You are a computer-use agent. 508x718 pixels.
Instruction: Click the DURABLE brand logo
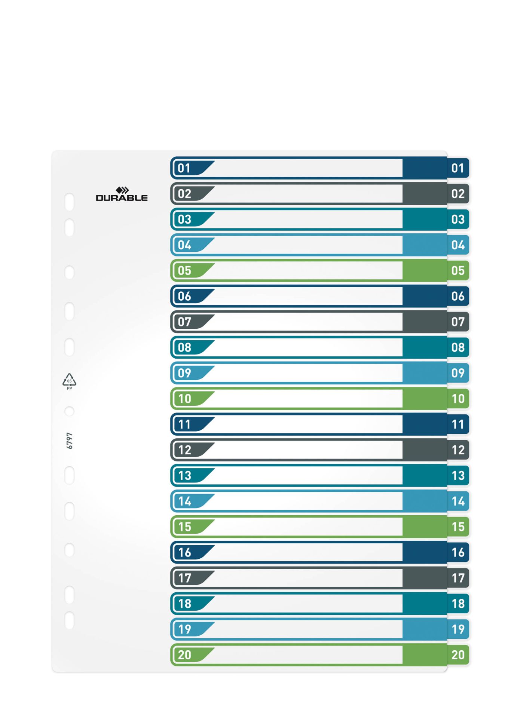(x=122, y=194)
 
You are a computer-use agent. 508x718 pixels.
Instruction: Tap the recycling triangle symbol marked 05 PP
(x=69, y=381)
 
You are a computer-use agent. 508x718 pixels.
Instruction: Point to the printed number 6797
(x=70, y=441)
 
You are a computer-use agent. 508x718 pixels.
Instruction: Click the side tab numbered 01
(x=457, y=168)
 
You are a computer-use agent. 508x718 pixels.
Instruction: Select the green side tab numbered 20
(x=457, y=655)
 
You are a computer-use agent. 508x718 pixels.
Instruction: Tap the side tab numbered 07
(x=457, y=322)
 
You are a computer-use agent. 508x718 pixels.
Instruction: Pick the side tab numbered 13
(x=457, y=475)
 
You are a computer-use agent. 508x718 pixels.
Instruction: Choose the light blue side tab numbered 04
(x=457, y=245)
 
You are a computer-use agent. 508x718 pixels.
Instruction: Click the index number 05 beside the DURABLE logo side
(x=184, y=270)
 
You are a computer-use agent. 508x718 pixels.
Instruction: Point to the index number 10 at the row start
(x=184, y=399)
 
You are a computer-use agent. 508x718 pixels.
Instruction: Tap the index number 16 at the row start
(x=184, y=552)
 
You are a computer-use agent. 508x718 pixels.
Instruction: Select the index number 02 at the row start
(x=184, y=194)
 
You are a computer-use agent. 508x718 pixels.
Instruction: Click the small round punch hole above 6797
(x=69, y=411)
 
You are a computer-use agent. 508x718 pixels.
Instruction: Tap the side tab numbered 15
(x=457, y=527)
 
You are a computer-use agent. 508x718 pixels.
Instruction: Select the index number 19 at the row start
(x=184, y=629)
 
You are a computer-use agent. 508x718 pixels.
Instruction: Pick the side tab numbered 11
(x=457, y=424)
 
